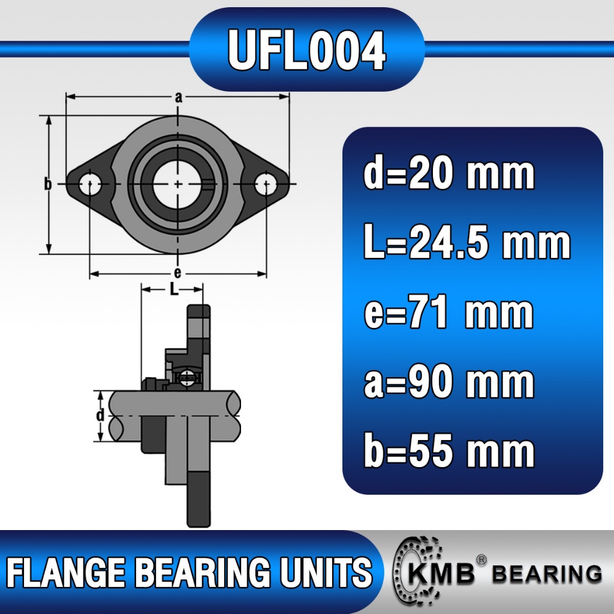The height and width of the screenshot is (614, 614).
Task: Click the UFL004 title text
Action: pos(307,50)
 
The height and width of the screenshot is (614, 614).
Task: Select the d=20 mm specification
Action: pos(449,173)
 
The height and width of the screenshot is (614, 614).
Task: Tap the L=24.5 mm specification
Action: pos(466,242)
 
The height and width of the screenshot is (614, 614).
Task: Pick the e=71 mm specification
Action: pos(449,312)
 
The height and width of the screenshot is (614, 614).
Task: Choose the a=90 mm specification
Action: pos(449,382)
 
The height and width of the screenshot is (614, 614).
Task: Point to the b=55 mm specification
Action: pos(449,450)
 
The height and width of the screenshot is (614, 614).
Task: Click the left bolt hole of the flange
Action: pos(90,183)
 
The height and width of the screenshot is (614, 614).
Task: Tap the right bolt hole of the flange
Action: pos(266,183)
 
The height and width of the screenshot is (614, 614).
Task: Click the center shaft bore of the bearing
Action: pos(177,184)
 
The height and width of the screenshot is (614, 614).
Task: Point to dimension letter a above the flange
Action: pos(179,97)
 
